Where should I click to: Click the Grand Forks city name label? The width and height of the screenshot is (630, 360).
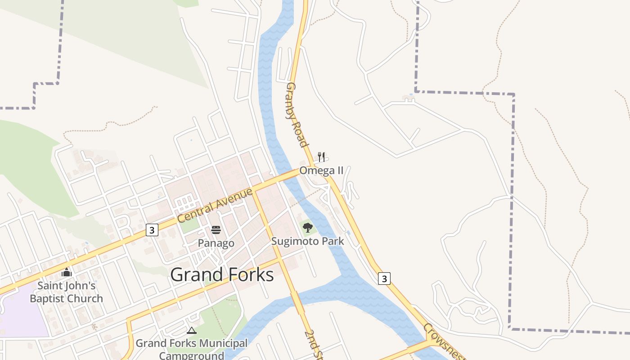pyautogui.click(x=222, y=274)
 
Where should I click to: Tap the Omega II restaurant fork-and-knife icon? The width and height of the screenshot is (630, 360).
pyautogui.click(x=321, y=157)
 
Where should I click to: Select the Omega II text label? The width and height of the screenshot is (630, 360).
pyautogui.click(x=321, y=171)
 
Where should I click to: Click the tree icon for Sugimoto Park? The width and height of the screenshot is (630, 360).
pyautogui.click(x=308, y=228)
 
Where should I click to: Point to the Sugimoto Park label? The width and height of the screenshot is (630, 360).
pyautogui.click(x=307, y=241)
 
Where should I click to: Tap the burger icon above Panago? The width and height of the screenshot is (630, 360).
pyautogui.click(x=216, y=230)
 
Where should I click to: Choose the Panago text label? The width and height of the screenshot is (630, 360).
pyautogui.click(x=216, y=243)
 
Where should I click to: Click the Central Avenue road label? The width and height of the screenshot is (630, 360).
pyautogui.click(x=215, y=205)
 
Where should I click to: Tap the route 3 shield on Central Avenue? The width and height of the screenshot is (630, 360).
pyautogui.click(x=152, y=230)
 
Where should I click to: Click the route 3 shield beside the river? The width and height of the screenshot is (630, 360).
pyautogui.click(x=384, y=279)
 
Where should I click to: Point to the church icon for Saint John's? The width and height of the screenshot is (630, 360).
pyautogui.click(x=67, y=272)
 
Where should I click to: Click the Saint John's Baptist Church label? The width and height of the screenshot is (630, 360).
pyautogui.click(x=67, y=292)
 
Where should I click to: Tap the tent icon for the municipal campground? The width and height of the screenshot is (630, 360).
pyautogui.click(x=192, y=330)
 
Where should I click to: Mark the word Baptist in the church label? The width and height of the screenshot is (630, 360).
pyautogui.click(x=50, y=298)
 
